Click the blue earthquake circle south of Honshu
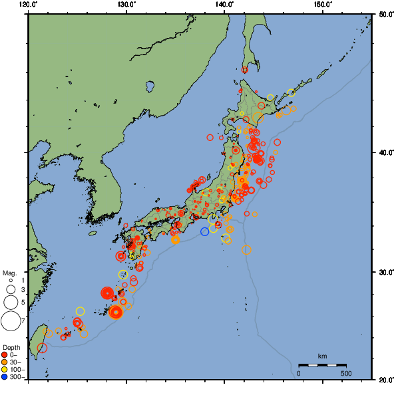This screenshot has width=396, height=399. point(205,231)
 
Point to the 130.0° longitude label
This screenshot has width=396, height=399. point(126,5)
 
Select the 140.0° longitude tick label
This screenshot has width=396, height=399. point(224,5)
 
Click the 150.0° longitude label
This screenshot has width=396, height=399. point(322,5)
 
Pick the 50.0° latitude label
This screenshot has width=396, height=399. point(384,14)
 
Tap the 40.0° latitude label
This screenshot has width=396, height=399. point(384,152)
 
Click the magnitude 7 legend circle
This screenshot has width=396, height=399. point(10,321)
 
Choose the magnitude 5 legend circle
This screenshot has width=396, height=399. point(10,303)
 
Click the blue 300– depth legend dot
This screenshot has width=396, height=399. point(5,377)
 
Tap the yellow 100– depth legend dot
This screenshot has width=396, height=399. point(5,369)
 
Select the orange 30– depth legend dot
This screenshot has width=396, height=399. point(5,362)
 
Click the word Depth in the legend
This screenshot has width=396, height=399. point(11,348)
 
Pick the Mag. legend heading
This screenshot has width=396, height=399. point(9,273)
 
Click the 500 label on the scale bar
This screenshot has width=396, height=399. point(346,373)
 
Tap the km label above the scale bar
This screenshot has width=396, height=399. point(322,356)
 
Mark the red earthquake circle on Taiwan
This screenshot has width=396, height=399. point(42,348)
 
